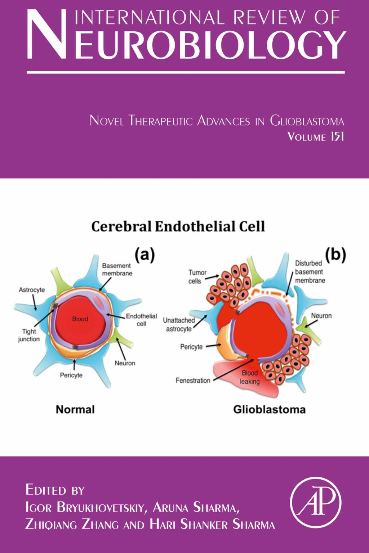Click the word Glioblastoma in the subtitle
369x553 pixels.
click(x=307, y=121)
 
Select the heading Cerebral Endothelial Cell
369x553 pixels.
click(x=178, y=226)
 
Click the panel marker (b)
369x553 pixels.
click(x=335, y=254)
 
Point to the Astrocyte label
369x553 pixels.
click(x=32, y=290)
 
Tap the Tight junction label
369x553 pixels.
click(x=29, y=335)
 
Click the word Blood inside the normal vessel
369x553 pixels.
click(x=80, y=319)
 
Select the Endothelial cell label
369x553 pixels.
click(x=141, y=320)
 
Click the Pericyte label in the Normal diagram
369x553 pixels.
click(x=71, y=375)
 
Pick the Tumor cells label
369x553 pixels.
click(x=197, y=276)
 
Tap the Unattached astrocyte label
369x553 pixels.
click(x=179, y=324)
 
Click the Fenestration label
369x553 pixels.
click(x=193, y=380)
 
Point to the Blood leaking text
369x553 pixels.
click(x=249, y=377)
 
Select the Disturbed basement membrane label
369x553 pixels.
click(x=310, y=272)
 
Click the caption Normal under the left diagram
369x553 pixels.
click(x=75, y=409)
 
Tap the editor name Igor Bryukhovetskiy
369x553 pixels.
click(x=85, y=507)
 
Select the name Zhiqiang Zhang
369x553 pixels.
click(x=72, y=524)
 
